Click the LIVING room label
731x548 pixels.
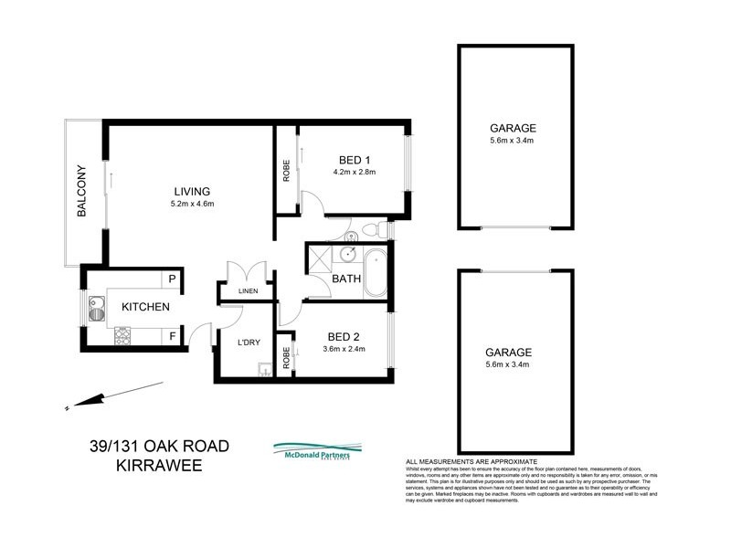[192, 191]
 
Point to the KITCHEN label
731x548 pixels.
[145, 308]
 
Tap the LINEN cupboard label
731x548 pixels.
[249, 292]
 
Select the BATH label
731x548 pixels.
[346, 279]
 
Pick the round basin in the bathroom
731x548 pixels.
[350, 255]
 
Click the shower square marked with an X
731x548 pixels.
[321, 256]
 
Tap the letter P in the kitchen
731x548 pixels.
[171, 279]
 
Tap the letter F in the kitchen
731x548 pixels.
[171, 336]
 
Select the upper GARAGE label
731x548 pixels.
[512, 128]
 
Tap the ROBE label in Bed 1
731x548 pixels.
[286, 172]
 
